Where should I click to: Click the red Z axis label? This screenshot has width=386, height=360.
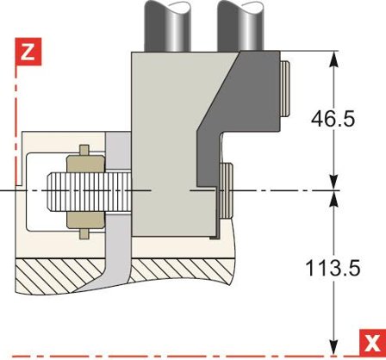point(28,52)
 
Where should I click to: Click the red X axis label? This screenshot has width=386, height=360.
point(372,343)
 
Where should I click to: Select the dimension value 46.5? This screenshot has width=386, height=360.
point(333,119)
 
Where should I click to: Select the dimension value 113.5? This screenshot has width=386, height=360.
point(333,268)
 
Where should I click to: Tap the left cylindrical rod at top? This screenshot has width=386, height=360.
point(167,26)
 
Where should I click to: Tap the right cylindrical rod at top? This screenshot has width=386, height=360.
point(240,25)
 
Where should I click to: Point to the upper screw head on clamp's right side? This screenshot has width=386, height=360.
point(285,89)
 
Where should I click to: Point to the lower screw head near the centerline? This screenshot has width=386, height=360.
point(226,190)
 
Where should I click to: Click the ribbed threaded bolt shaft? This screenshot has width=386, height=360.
point(89,191)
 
